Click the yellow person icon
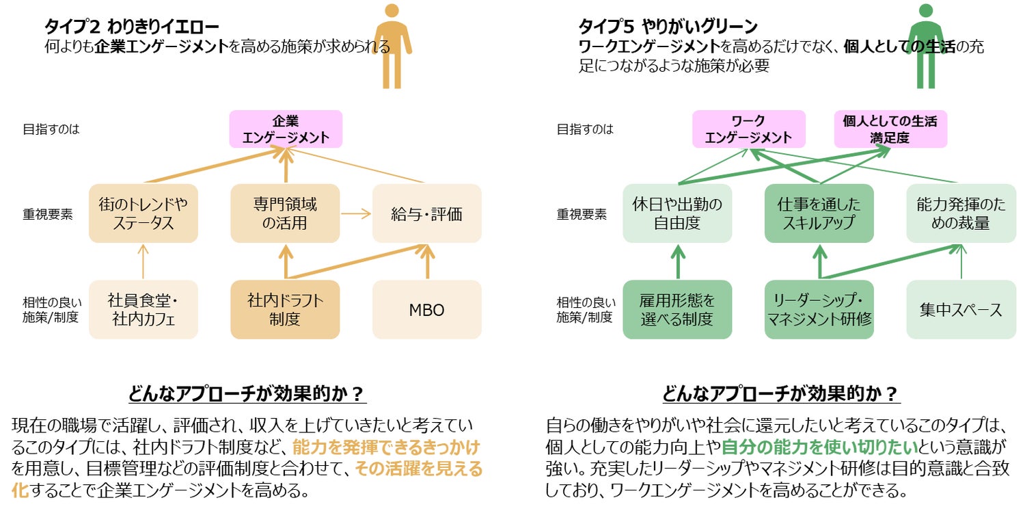[x=392, y=46]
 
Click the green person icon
[x=926, y=46]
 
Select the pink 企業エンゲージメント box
[x=286, y=129]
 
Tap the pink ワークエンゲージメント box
[x=748, y=129]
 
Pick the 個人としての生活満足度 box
[x=890, y=129]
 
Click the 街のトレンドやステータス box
[x=143, y=213]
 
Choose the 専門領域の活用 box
[x=285, y=213]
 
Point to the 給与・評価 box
[x=427, y=213]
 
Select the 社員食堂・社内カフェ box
[x=143, y=309]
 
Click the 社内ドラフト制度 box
[x=285, y=309]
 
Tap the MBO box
[x=427, y=309]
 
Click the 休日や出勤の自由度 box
[x=677, y=213]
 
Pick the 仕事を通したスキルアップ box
[x=819, y=213]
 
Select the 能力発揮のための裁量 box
[x=961, y=213]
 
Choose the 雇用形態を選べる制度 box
[x=677, y=309]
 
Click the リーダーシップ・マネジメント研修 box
[x=819, y=309]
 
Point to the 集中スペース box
[x=961, y=309]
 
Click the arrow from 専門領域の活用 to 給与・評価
[x=355, y=213]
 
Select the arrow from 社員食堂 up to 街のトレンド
[x=143, y=261]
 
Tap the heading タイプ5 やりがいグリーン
[x=668, y=27]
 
